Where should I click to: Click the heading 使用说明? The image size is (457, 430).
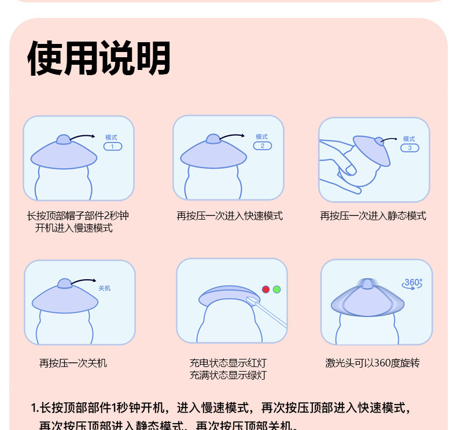99,59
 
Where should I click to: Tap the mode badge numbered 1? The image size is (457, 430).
112,146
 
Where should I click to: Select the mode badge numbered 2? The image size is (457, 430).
262,146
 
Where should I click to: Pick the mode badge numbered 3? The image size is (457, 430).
410,147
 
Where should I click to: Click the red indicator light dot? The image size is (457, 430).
266,289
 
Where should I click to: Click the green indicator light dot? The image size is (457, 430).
277,289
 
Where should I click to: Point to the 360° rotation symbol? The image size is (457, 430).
412,284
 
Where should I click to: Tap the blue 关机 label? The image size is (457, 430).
104,288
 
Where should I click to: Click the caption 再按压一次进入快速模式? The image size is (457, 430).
230,216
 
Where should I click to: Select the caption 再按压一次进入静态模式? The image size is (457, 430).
373,216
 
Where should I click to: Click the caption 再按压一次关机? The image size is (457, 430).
73,363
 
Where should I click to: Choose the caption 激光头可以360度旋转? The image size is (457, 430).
373,363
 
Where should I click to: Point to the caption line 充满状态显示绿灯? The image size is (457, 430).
228,375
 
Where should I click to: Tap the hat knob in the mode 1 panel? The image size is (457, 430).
64,139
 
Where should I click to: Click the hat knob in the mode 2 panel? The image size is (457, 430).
213,139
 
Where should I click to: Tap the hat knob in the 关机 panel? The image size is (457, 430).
65,283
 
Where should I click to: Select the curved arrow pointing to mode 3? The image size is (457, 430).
390,139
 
